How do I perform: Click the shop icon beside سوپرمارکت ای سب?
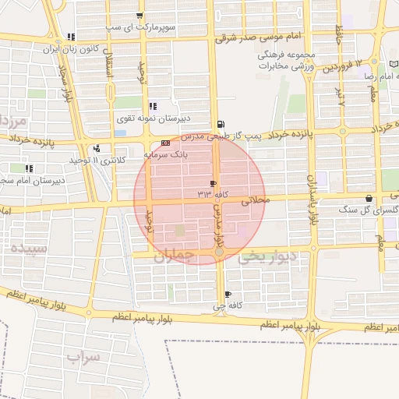[x=139, y=16]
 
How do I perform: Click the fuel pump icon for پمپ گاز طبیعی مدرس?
[x=221, y=124]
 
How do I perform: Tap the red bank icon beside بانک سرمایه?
[x=164, y=144]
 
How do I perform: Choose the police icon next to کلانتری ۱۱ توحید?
[x=96, y=148]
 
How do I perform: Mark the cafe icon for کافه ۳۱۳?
[x=214, y=183]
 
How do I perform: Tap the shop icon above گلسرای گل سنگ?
[x=369, y=199]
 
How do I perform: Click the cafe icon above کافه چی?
[x=228, y=295]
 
